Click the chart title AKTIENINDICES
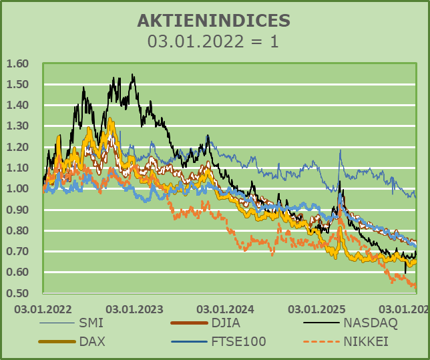(214, 20)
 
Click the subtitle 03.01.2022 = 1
(214, 41)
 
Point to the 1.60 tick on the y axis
(17, 63)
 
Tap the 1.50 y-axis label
(17, 84)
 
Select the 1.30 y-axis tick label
(17, 126)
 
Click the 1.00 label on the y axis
(17, 189)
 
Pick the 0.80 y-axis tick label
(17, 231)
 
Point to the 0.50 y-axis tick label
(17, 294)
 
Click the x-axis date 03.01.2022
(43, 309)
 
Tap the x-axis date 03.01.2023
(134, 309)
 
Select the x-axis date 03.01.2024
(226, 309)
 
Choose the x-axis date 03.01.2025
(316, 309)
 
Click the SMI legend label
(91, 323)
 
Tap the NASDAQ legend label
(371, 323)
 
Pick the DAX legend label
(92, 342)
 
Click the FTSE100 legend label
(238, 342)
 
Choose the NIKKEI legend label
(366, 342)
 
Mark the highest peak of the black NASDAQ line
(134, 75)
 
